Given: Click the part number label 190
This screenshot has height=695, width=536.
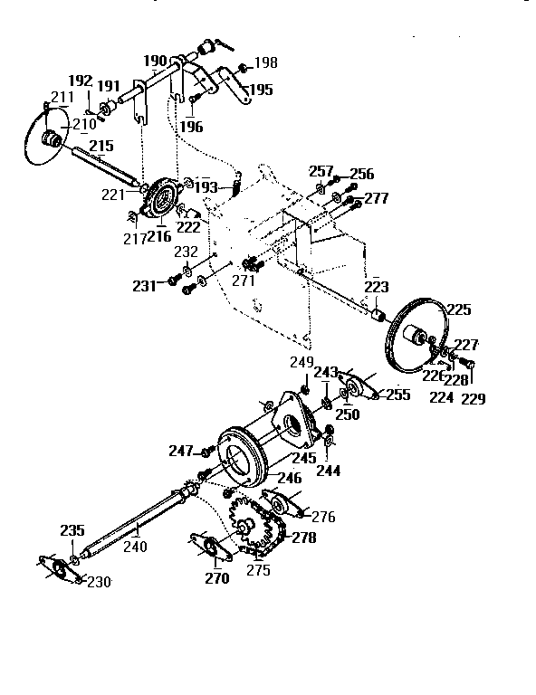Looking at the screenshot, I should click(x=156, y=61).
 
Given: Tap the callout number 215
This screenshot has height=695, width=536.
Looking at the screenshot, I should click(x=100, y=145).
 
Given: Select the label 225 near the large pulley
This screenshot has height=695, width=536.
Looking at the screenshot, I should click(x=459, y=310).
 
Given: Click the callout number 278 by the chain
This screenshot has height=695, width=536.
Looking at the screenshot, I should click(x=304, y=538).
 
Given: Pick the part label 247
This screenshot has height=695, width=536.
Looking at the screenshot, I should click(x=181, y=450).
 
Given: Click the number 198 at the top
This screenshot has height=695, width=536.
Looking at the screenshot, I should click(x=266, y=63).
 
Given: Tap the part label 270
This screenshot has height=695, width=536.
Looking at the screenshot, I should click(x=216, y=579).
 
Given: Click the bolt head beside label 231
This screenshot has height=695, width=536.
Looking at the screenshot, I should click(x=170, y=282).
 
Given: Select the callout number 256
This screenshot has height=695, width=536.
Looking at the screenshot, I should click(x=361, y=174).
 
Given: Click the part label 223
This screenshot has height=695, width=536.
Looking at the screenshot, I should click(x=376, y=287).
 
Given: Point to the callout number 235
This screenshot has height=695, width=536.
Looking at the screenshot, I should click(x=72, y=531).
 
